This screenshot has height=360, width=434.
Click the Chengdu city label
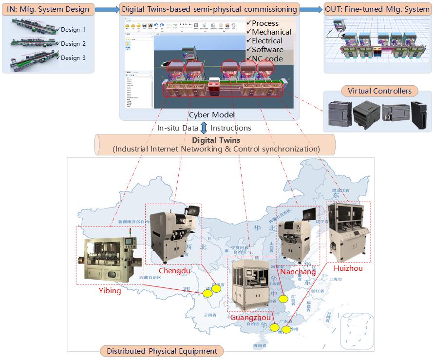pos(174,270)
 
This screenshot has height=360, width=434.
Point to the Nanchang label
pos(298,272)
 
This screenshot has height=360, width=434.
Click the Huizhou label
pos(348,268)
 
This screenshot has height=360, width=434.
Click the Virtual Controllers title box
pos(379,91)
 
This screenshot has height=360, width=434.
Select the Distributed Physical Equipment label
pos(162,351)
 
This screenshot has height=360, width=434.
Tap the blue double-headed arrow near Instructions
pos(204,128)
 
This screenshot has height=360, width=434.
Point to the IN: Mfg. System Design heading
pos(48,9)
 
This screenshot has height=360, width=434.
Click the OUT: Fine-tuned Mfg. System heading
pos(377,9)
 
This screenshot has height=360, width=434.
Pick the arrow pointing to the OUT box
pos(310,9)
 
